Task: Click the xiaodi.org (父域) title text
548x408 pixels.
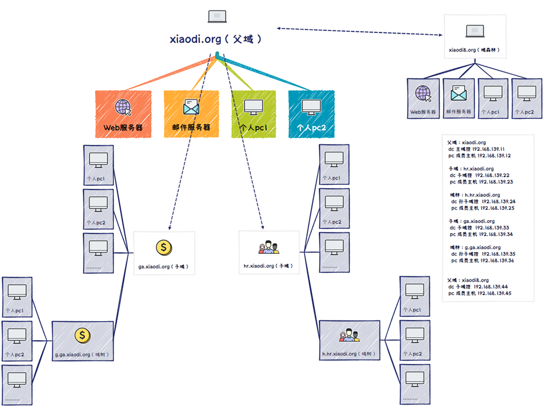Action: [216, 39]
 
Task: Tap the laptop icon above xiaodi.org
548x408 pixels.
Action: [217, 16]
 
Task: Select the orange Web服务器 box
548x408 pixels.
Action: [123, 114]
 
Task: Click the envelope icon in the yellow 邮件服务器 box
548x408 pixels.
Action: [191, 107]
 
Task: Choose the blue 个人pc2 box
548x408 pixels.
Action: [311, 114]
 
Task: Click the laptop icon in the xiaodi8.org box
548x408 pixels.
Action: [475, 31]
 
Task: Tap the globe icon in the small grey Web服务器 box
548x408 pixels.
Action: [423, 93]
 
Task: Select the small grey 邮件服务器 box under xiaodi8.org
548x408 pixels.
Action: [459, 99]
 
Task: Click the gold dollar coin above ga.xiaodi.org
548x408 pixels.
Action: [164, 247]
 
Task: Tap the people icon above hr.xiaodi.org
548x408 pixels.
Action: [268, 247]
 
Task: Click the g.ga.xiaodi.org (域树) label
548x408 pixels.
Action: [82, 354]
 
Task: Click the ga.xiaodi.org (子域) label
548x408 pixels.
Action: [164, 267]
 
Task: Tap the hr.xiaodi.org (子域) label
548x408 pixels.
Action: [268, 266]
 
